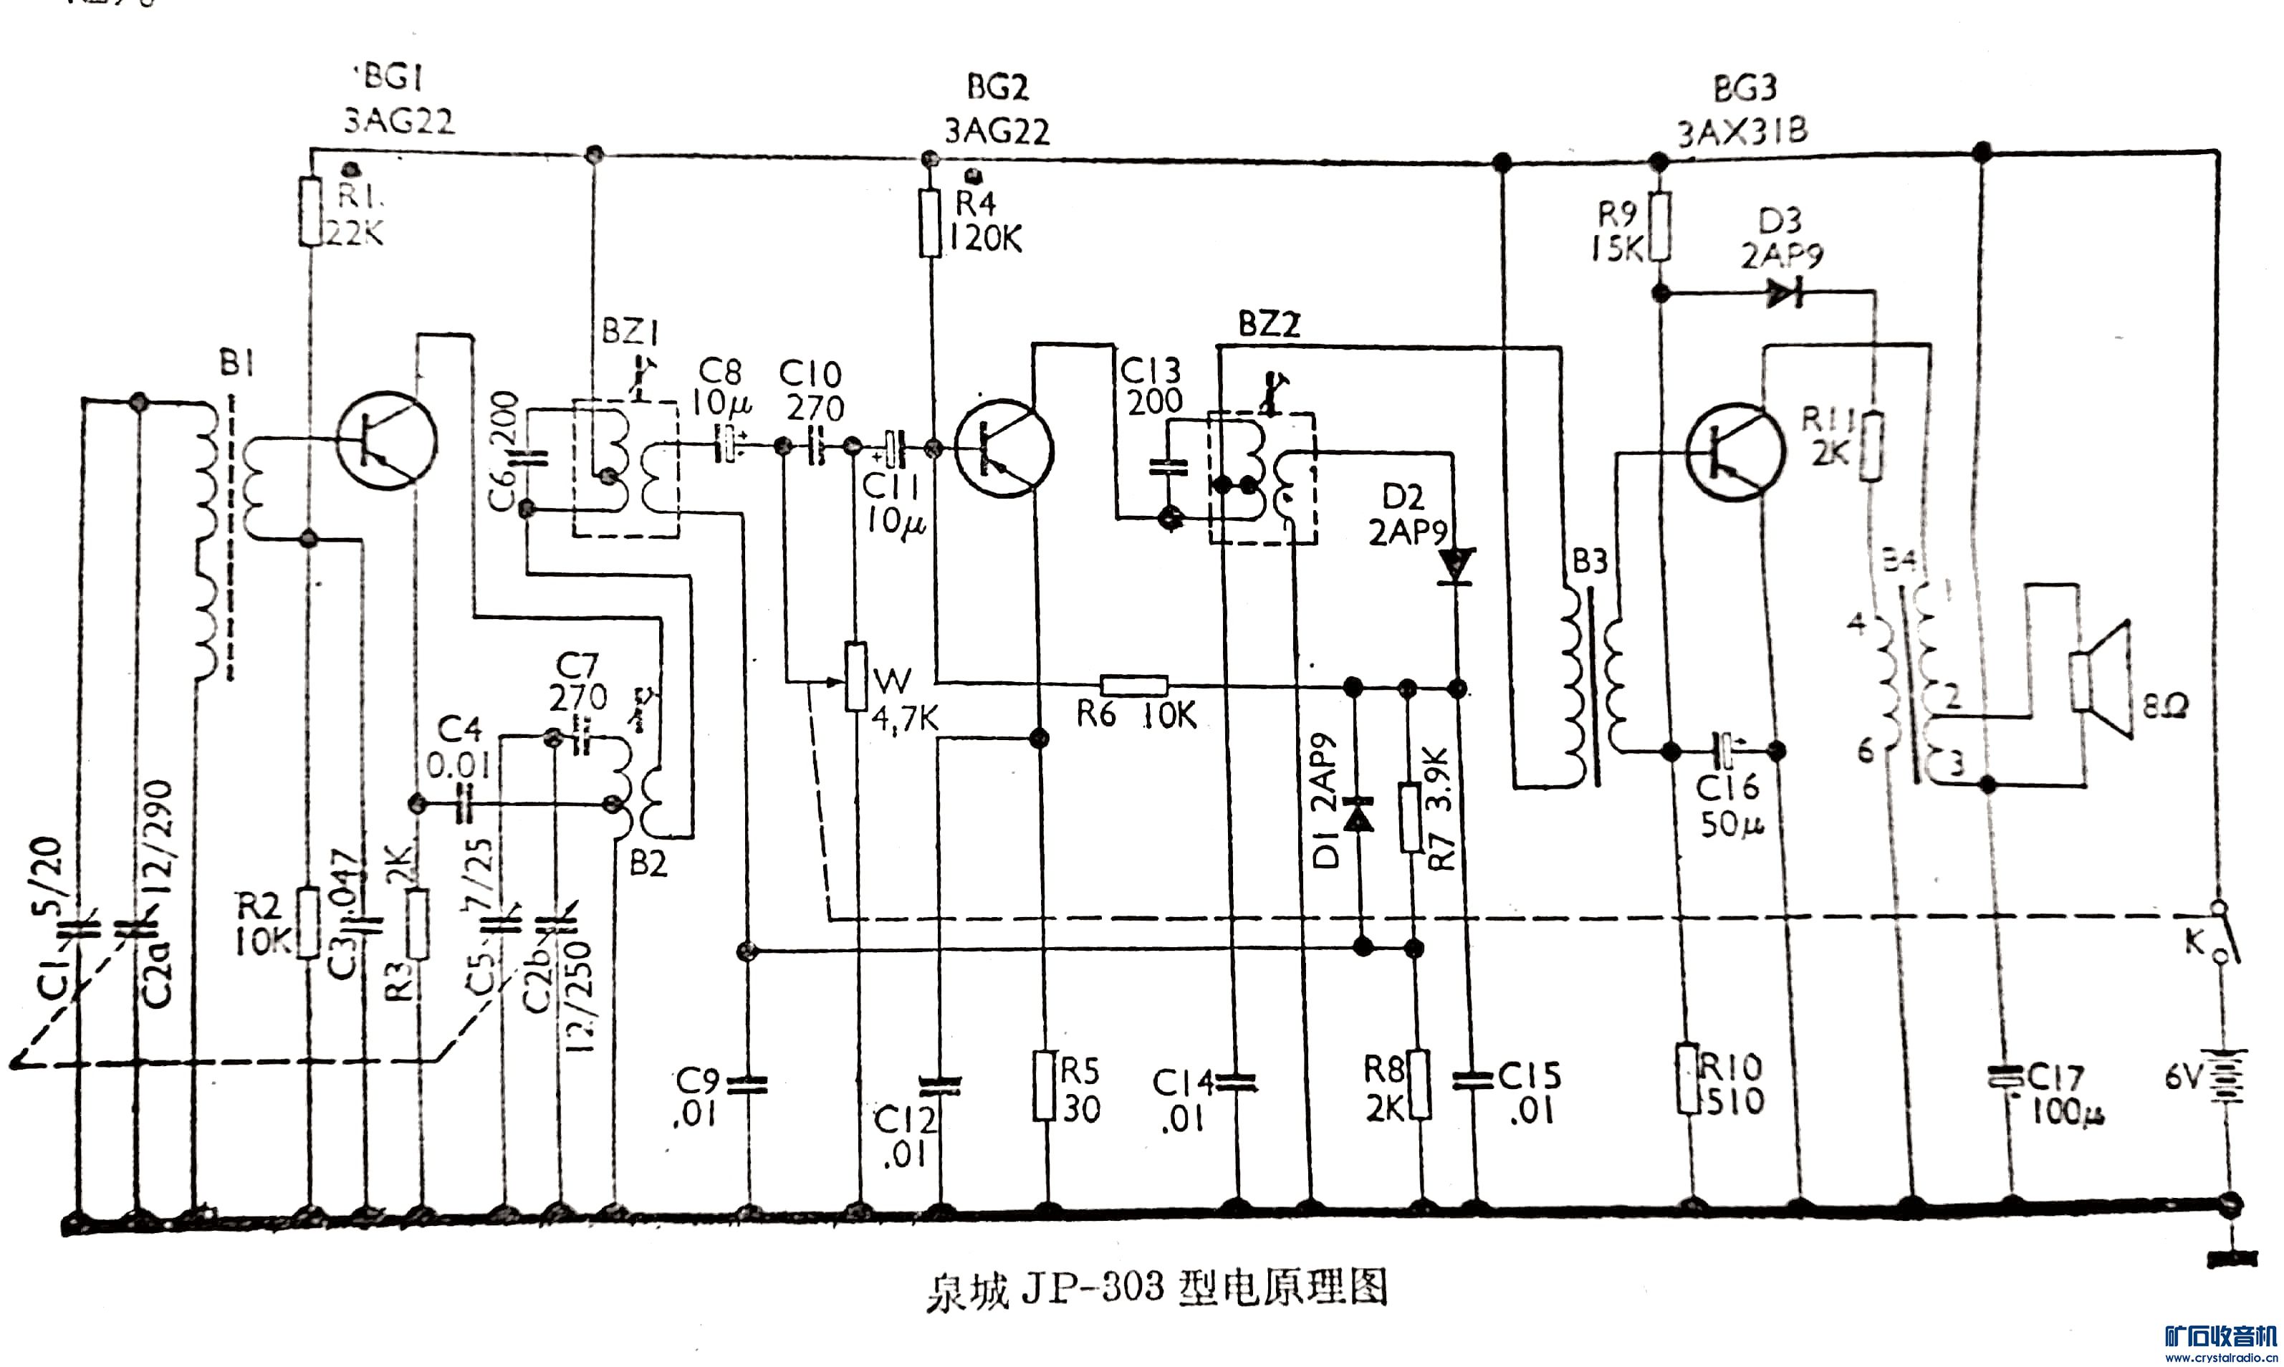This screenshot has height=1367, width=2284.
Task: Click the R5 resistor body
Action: point(1043,1087)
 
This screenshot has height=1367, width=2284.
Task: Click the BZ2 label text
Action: point(1269,325)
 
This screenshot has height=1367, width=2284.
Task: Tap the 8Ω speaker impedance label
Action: point(2166,707)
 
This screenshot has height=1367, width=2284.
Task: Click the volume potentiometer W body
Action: point(857,677)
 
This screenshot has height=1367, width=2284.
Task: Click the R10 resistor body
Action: point(1687,1078)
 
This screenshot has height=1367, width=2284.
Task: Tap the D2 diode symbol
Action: point(1456,565)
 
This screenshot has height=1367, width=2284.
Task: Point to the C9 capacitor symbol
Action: point(748,1085)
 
